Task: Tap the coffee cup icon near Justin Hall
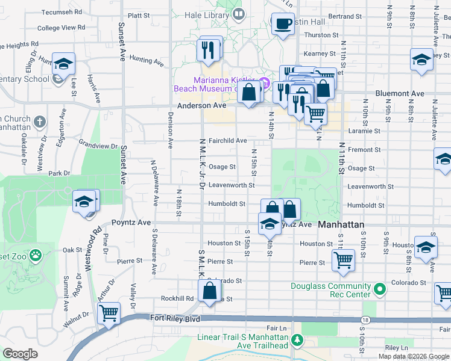tap(283, 25)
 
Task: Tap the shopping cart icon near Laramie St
tap(315, 113)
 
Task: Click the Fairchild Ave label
tap(227, 140)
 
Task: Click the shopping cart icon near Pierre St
tap(342, 261)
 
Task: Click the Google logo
tap(20, 354)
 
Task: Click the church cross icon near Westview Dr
tap(40, 122)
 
